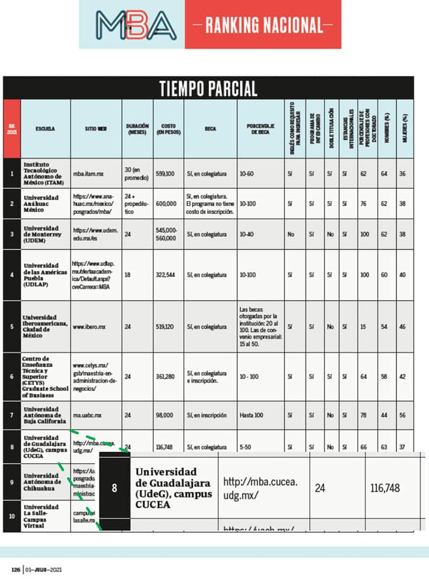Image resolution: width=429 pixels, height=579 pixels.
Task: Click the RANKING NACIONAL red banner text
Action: (x=263, y=25)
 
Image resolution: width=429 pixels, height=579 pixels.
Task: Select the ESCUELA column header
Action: (x=45, y=128)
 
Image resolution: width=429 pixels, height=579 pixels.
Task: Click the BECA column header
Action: (x=210, y=128)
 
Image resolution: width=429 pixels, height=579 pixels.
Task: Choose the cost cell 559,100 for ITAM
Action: (x=165, y=174)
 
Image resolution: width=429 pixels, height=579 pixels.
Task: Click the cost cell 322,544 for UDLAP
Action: (x=165, y=274)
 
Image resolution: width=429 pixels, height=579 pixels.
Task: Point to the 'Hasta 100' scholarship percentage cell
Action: (x=250, y=415)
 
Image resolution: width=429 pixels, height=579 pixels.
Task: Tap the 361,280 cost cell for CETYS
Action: (x=165, y=376)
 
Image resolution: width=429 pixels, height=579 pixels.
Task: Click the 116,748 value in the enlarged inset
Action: (x=385, y=488)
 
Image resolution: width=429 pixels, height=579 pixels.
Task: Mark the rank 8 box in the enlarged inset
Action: (x=114, y=488)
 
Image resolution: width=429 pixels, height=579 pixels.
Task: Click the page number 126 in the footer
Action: (x=16, y=569)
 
